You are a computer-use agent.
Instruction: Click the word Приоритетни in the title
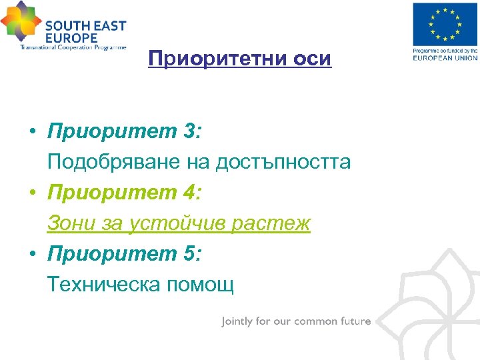215,59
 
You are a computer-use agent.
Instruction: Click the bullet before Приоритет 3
32,133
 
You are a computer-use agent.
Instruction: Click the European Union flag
445,25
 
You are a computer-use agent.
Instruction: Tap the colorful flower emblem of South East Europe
21,22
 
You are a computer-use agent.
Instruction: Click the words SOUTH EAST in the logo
85,27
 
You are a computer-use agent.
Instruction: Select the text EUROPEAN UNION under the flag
445,58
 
